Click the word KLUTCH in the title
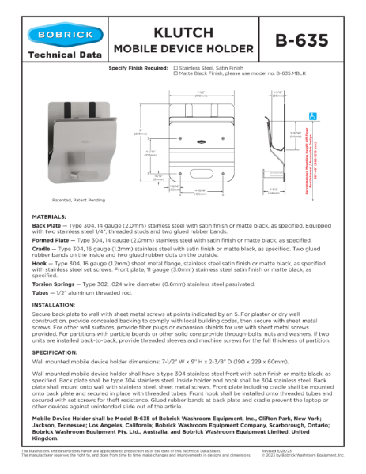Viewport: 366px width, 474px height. click(183, 32)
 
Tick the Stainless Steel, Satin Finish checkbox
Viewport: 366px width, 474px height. click(175, 69)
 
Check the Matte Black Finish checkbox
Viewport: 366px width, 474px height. click(175, 74)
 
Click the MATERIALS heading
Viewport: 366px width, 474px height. click(49, 216)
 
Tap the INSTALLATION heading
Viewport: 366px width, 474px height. click(53, 303)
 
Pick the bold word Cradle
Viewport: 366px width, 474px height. click(42, 249)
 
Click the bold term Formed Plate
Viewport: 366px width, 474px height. click(51, 239)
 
